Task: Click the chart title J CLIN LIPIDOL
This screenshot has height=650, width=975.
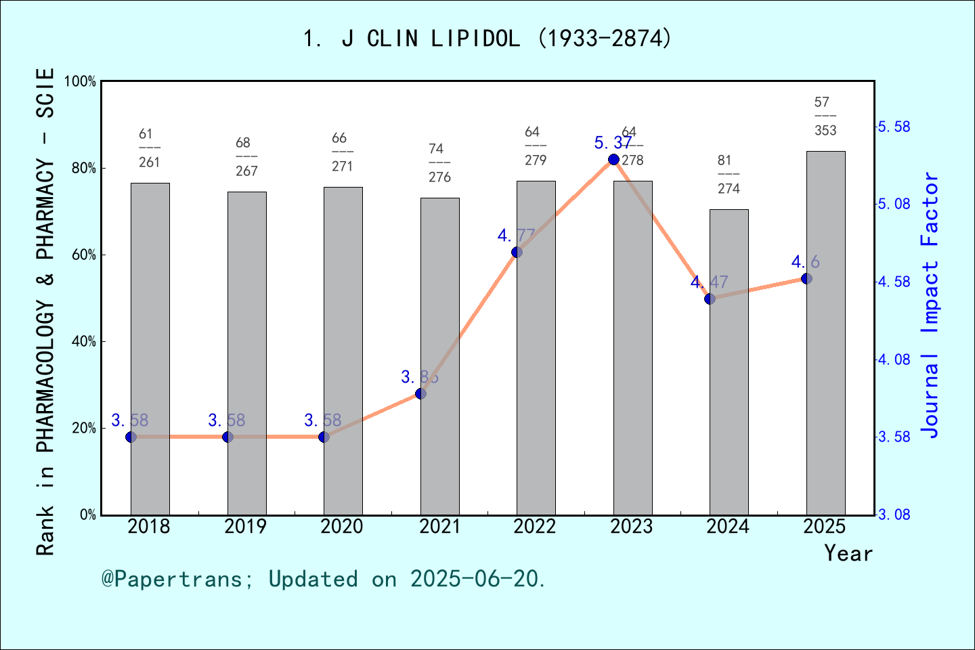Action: [487, 39]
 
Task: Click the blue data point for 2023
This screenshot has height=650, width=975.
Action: [613, 159]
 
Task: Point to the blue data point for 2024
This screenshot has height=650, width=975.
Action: [710, 299]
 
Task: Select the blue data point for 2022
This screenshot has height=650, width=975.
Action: [517, 252]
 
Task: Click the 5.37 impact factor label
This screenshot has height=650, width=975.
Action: [612, 143]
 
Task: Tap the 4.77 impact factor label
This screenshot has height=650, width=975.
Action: [516, 236]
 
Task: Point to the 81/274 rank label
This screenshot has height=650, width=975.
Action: [729, 175]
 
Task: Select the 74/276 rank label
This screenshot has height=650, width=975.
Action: [439, 163]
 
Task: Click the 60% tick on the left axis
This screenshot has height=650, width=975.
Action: [84, 255]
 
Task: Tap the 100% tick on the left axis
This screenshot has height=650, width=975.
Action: [81, 81]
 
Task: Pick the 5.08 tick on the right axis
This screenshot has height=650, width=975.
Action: [894, 204]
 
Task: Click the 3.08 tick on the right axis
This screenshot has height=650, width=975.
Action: [894, 515]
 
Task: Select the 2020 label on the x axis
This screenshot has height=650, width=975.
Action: [342, 527]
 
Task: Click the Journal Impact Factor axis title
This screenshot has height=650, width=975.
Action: [930, 305]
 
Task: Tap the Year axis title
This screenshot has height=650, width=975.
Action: [848, 553]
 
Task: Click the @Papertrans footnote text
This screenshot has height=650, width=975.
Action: [324, 579]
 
